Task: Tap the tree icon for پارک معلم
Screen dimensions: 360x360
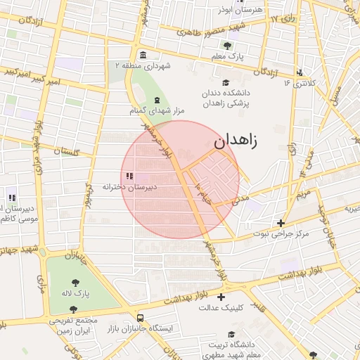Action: pyautogui.click(x=226, y=46)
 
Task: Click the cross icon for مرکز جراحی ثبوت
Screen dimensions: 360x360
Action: pyautogui.click(x=281, y=223)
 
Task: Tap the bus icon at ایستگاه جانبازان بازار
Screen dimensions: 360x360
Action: pyautogui.click(x=141, y=318)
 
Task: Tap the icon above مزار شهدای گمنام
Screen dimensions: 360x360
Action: pyautogui.click(x=156, y=99)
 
